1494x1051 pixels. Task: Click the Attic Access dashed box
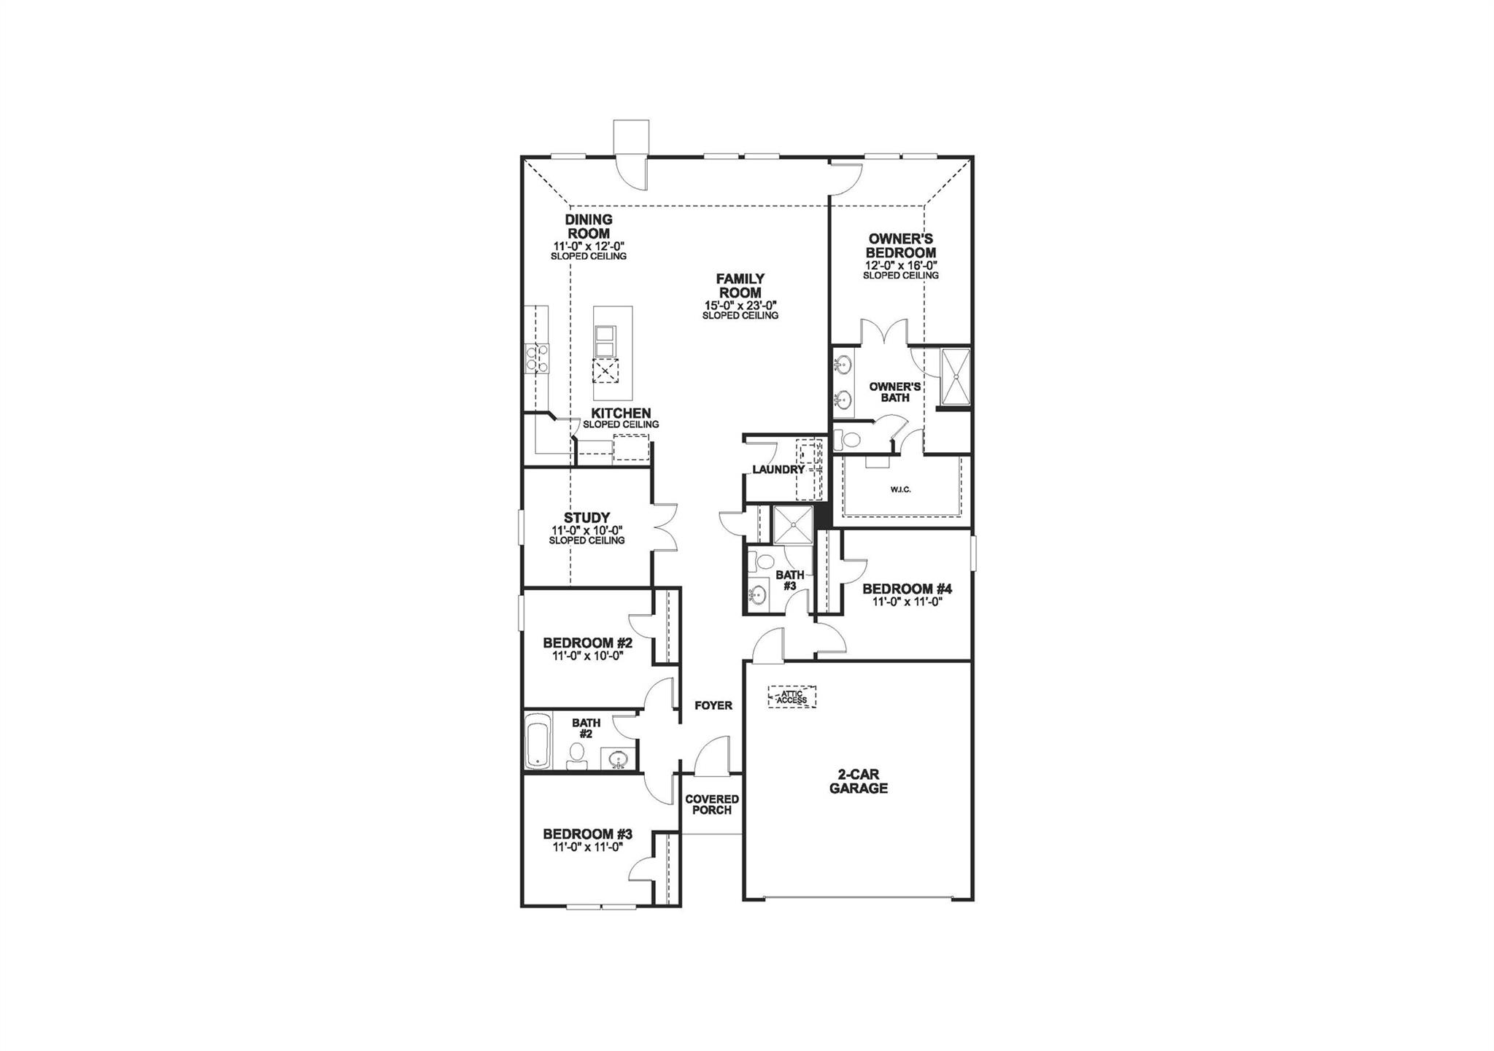(791, 697)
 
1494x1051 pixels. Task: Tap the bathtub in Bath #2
(538, 740)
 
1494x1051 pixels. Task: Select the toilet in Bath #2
(576, 756)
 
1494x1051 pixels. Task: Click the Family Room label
(740, 286)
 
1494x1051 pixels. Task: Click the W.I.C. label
(900, 489)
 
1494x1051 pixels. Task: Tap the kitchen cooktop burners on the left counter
(535, 359)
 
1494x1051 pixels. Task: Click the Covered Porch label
(712, 804)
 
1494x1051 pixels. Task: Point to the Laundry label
(778, 470)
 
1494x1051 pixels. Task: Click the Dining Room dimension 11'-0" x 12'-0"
(588, 247)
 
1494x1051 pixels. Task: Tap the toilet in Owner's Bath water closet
(848, 439)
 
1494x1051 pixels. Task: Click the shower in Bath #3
(791, 524)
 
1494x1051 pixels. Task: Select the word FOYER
(713, 705)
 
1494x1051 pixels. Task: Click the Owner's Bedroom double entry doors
(884, 333)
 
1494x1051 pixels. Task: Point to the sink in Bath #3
(758, 594)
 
